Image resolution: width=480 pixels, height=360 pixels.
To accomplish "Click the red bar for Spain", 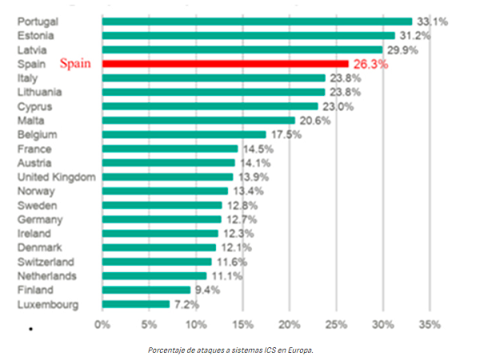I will click(x=225, y=64).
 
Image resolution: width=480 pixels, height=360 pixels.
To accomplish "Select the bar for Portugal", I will click(x=257, y=22).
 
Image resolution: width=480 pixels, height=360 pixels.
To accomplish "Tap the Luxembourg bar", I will click(x=136, y=304).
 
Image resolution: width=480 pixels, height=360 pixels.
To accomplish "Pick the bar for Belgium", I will click(x=184, y=134).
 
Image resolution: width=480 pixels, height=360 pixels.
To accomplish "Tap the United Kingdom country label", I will click(x=56, y=177).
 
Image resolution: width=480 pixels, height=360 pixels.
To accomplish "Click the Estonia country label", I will click(x=35, y=35).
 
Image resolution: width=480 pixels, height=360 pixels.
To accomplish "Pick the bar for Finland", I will click(x=146, y=290).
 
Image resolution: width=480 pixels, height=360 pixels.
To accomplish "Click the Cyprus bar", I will click(x=210, y=106).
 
